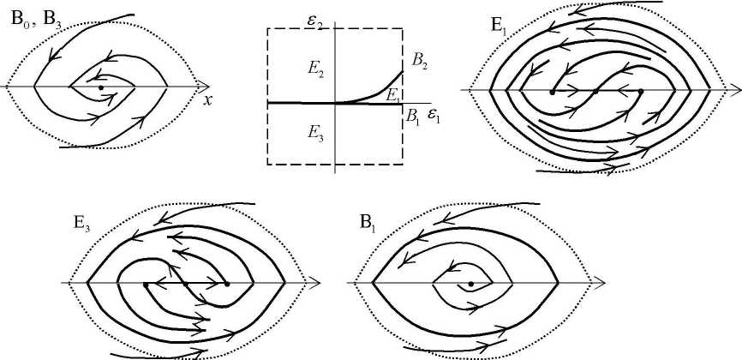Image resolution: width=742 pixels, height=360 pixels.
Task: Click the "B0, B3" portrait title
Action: tap(35, 21)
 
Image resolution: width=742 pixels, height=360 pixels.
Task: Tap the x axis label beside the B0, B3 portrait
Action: tap(207, 99)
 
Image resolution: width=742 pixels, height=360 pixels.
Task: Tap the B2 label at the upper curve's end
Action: tap(420, 60)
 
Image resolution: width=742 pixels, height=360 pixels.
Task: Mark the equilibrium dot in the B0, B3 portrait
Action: tap(101, 87)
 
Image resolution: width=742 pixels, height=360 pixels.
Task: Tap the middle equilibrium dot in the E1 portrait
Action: tap(596, 90)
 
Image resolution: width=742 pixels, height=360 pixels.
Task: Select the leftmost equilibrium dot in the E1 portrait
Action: tap(553, 90)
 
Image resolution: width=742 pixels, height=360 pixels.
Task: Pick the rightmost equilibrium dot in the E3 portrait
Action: tap(226, 283)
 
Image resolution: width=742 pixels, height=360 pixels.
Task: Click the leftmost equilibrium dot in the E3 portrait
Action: tap(146, 283)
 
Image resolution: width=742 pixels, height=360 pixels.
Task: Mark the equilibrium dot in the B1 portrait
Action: tap(470, 283)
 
